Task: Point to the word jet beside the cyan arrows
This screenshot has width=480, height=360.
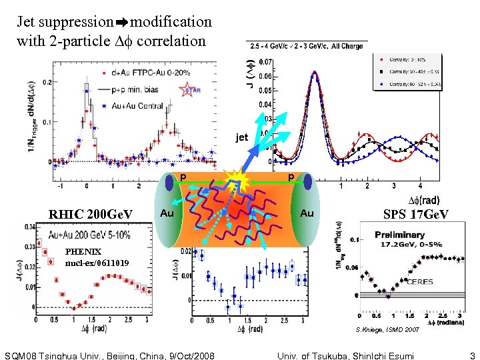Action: pos(241,137)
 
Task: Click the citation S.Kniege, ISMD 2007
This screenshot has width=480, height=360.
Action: pos(393,329)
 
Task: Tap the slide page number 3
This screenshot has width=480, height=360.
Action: pos(472,355)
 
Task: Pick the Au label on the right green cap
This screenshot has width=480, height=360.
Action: pos(307,213)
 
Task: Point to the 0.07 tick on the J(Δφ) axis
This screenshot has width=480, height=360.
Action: pos(265,62)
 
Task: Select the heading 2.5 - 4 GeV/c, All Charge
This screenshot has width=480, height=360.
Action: pos(306,46)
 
